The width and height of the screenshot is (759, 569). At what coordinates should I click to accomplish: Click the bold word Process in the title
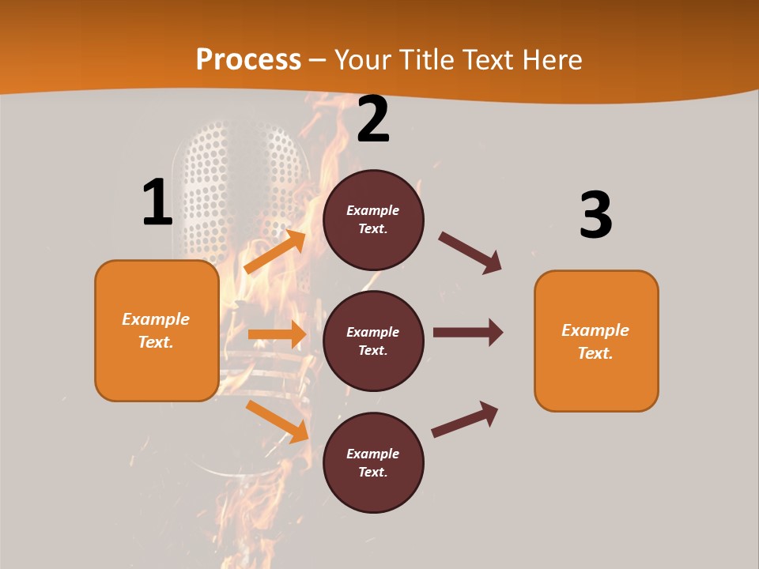[x=248, y=60]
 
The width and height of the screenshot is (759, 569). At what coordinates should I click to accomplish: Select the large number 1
[x=157, y=202]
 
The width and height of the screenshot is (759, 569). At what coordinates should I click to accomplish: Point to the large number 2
[x=373, y=120]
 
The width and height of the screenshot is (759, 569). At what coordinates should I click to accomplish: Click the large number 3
[x=595, y=216]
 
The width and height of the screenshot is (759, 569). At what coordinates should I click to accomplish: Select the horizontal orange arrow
[x=277, y=334]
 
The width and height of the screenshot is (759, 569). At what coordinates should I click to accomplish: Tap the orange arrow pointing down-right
[x=278, y=421]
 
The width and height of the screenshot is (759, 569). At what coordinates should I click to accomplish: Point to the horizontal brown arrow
[x=468, y=333]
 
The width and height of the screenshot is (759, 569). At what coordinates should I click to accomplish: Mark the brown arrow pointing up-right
[x=465, y=420]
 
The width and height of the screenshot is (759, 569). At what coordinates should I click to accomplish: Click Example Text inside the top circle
[x=373, y=220]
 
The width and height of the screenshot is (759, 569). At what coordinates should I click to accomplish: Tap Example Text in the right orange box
[x=595, y=341]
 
